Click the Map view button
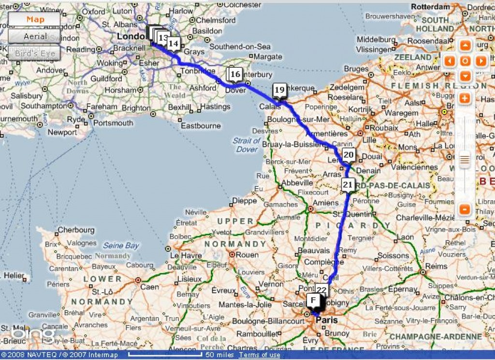[34, 19]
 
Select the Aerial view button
[35, 36]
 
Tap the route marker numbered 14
[174, 44]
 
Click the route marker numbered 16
[235, 74]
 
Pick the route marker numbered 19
[279, 90]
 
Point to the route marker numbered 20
[349, 155]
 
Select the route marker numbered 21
[348, 184]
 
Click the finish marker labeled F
[313, 300]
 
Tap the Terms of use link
[260, 355]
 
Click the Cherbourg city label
[76, 230]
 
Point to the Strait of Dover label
[247, 145]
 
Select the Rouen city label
[247, 255]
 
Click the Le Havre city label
[186, 255]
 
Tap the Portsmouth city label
[113, 123]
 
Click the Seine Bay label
[121, 245]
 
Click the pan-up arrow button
[465, 46]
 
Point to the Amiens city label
[325, 203]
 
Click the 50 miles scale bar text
[220, 355]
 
